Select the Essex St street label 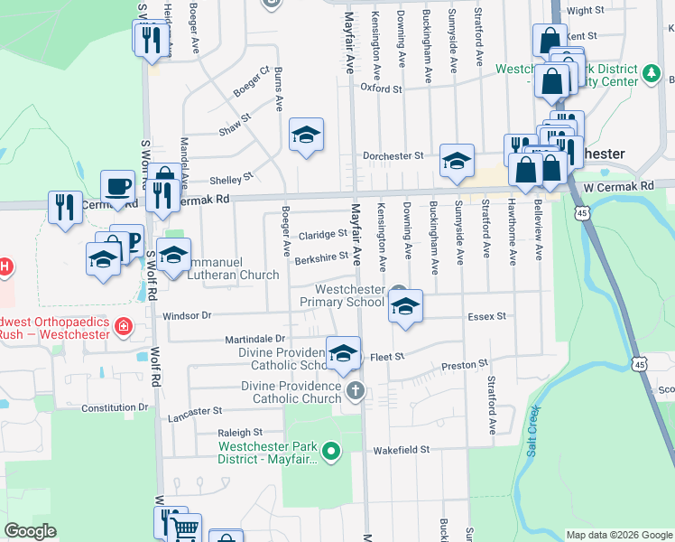click(487, 317)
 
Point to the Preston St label click(464, 366)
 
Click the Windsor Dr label click(187, 316)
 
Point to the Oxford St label click(381, 89)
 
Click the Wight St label click(585, 11)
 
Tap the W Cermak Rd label click(618, 186)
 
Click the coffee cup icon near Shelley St click(117, 186)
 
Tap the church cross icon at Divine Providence click(356, 391)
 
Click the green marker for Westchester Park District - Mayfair click(331, 449)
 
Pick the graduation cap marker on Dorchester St click(457, 160)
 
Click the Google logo click(30, 531)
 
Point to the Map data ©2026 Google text click(619, 535)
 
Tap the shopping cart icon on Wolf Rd click(184, 528)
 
